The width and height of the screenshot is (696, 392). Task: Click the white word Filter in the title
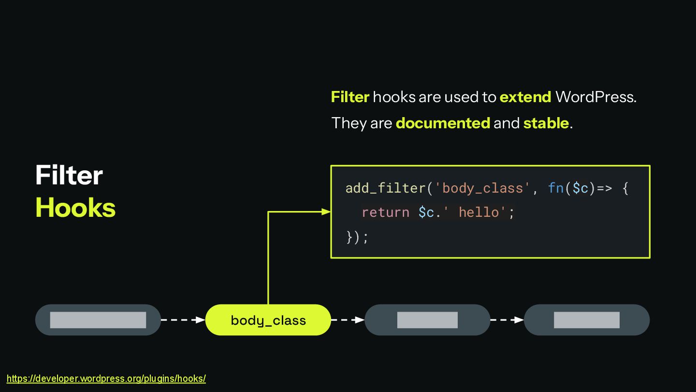click(x=69, y=175)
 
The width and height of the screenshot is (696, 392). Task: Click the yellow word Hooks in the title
click(x=75, y=208)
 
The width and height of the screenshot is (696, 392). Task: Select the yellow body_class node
click(x=268, y=320)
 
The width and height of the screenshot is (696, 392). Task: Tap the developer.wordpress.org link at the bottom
click(x=106, y=378)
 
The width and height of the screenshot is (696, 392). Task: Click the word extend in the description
click(x=525, y=97)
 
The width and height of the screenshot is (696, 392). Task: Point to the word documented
click(x=443, y=123)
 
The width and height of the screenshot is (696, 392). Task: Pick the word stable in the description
click(x=546, y=123)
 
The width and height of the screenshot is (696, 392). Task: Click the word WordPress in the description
click(x=595, y=97)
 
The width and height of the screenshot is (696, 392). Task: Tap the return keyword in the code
click(x=386, y=212)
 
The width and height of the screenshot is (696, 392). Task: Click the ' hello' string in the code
click(x=478, y=212)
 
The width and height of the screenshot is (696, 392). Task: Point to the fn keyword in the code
click(x=556, y=188)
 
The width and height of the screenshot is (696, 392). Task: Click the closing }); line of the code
click(x=357, y=237)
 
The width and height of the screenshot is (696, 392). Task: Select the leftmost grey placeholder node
click(x=98, y=320)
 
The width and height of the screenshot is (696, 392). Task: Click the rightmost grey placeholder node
click(x=587, y=320)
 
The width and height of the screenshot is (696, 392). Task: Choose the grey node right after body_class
click(x=427, y=320)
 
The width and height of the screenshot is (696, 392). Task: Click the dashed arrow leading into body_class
click(x=183, y=320)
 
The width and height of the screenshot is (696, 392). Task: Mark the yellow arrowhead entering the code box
click(x=326, y=211)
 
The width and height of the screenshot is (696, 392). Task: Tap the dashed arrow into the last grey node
click(x=507, y=320)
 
